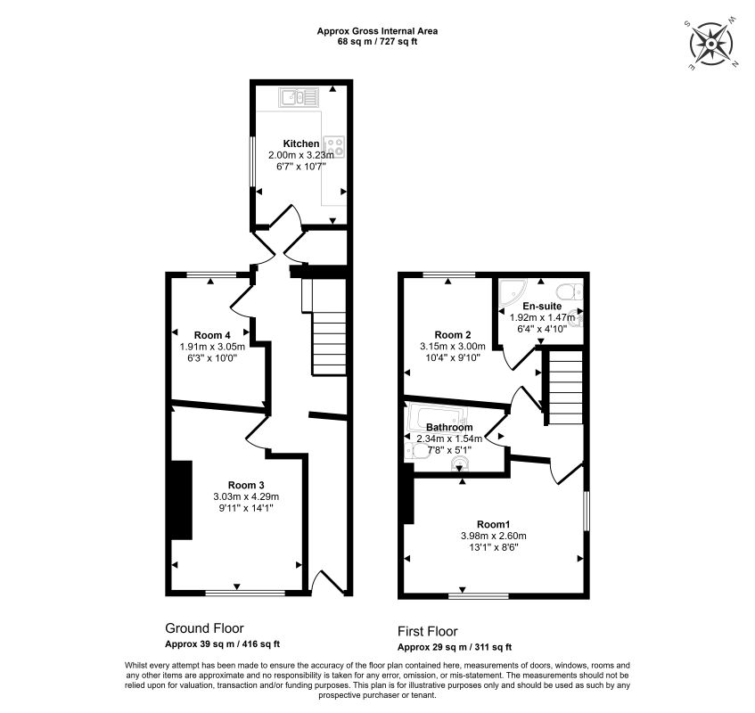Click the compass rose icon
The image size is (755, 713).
711,44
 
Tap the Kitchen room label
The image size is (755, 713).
301,143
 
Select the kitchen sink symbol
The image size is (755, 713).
299,98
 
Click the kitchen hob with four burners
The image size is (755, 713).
334,146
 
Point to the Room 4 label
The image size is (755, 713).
212,335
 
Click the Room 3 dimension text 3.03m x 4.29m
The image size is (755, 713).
246,496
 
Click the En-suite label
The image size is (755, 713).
542,306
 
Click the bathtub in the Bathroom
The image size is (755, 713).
437,417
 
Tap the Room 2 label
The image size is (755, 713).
453,334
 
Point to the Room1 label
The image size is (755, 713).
494,524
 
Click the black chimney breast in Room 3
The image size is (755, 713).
182,500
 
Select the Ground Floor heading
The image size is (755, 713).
205,628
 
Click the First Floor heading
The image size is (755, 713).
428,631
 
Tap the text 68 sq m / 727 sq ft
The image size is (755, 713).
378,41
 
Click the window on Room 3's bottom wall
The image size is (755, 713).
245,593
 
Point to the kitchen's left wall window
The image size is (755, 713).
251,161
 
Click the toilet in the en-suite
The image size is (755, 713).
570,291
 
